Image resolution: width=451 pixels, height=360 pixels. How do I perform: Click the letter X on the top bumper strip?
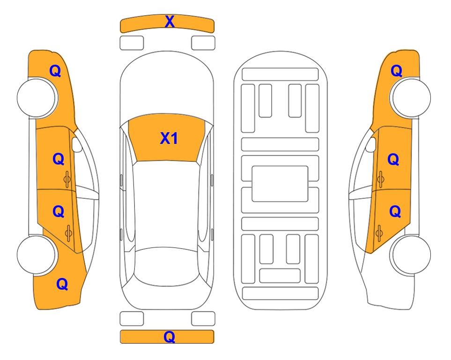[x=170, y=22]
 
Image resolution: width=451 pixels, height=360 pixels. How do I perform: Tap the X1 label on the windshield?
[x=169, y=138]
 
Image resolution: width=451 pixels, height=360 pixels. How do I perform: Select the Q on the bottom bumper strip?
[x=170, y=337]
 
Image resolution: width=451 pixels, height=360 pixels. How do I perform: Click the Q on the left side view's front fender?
[x=55, y=71]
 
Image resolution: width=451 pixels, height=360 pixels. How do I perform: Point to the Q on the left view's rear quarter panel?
[x=62, y=284]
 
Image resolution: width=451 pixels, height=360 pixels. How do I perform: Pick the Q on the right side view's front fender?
[x=396, y=71]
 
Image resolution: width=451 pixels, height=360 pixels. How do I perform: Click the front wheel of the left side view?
[x=37, y=97]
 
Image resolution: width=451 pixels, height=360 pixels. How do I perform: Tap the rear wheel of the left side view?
[x=37, y=255]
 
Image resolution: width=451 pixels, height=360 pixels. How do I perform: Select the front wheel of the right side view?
[x=410, y=97]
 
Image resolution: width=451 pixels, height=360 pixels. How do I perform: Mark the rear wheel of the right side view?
[x=410, y=255]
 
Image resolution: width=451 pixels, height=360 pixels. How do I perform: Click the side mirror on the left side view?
[x=77, y=144]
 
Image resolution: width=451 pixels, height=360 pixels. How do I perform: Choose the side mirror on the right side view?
[x=371, y=144]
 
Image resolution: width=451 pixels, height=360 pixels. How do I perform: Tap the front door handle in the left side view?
[x=67, y=180]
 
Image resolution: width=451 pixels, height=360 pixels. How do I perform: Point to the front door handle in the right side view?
[x=381, y=180]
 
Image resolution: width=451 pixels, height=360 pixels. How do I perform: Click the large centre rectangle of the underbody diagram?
[x=280, y=184]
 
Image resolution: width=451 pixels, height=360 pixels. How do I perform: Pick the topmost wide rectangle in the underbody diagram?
[x=280, y=75]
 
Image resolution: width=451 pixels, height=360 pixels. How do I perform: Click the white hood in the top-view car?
[x=167, y=86]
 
